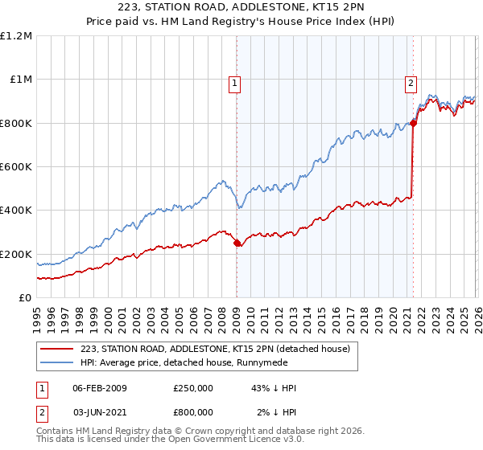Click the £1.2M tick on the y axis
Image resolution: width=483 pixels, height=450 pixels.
17,36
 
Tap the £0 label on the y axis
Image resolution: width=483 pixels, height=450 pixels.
25,297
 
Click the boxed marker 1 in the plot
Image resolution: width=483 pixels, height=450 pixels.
234,82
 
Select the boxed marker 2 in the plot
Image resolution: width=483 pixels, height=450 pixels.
411,82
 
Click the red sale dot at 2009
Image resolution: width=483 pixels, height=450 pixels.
237,243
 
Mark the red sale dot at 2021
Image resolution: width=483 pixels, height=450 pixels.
414,123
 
